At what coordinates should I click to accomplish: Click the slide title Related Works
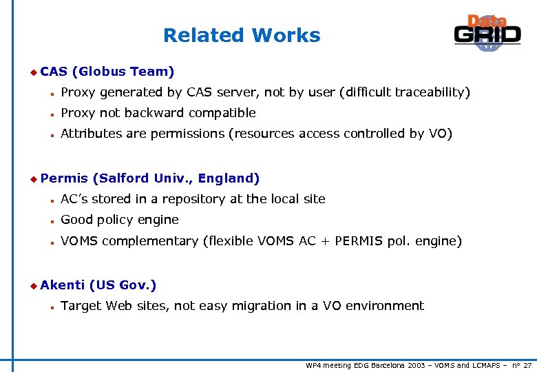coord(242,35)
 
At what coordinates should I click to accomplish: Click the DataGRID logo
coord(487,33)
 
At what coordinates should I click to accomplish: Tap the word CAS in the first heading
coord(54,72)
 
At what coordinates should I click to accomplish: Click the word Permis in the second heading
coord(64,178)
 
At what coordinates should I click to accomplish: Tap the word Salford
coord(124,178)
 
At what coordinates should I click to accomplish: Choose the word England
coord(227,178)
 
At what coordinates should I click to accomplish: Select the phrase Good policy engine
coord(120,220)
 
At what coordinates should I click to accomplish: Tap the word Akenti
coord(63,285)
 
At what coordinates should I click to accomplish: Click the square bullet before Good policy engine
coord(52,221)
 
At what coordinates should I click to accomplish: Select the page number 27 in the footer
coord(527,364)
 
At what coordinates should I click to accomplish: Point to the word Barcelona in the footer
coord(384,364)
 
